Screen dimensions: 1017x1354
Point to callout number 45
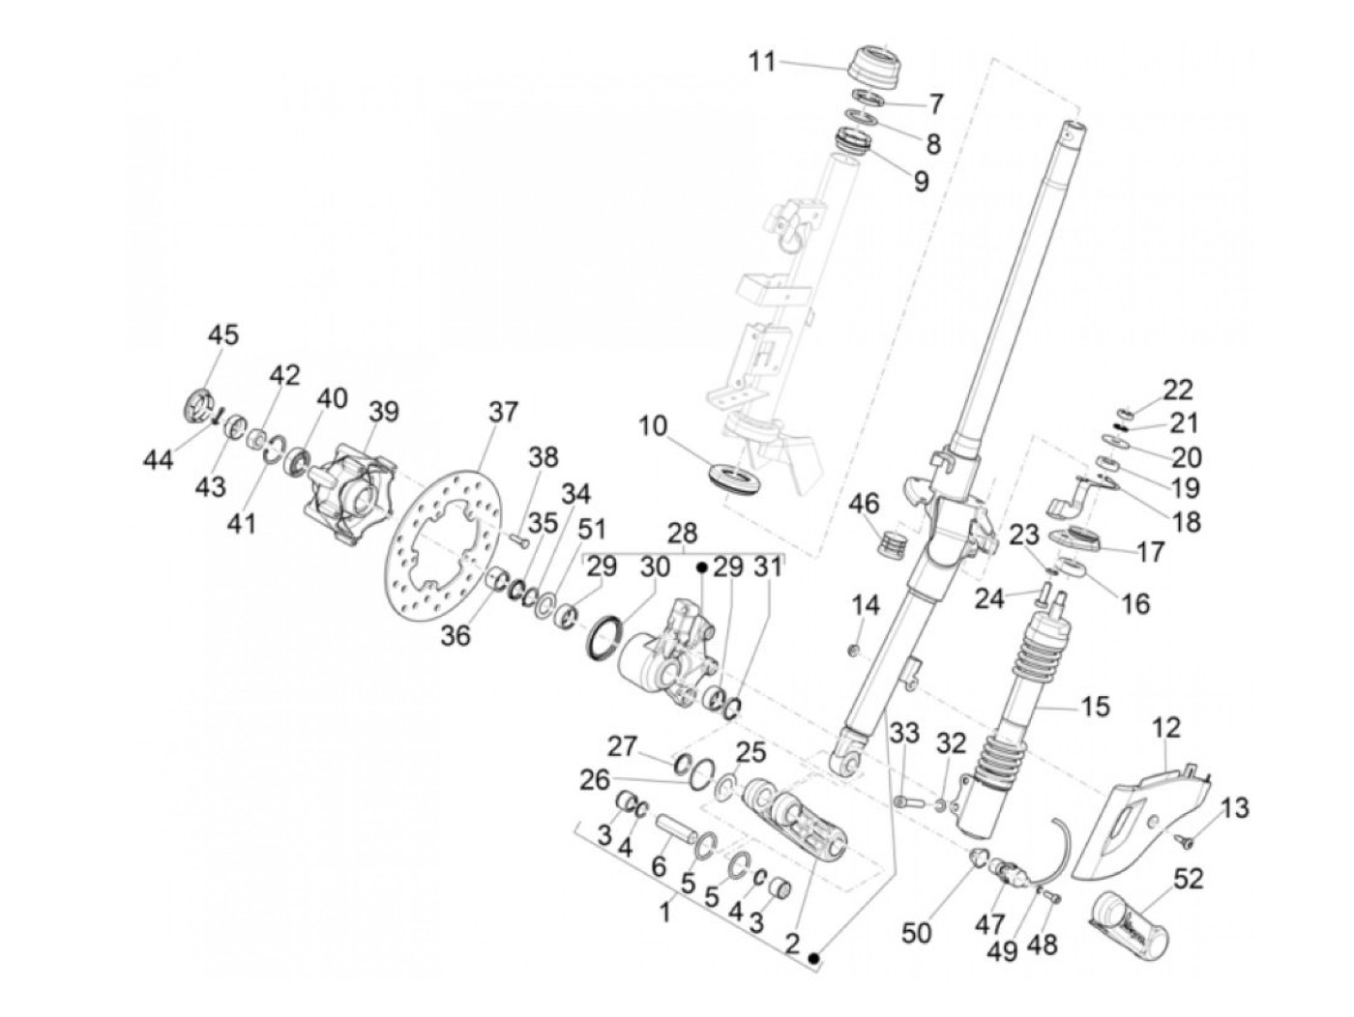coord(222,335)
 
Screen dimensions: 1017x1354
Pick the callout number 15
coord(1095,707)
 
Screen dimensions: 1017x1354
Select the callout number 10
coord(653,425)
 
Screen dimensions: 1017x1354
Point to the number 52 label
coord(1188,879)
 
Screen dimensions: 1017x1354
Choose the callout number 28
coord(682,534)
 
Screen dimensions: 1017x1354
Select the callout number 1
coord(665,910)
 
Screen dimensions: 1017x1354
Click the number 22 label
coord(1178,390)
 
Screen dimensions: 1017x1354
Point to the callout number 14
coord(866,606)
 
